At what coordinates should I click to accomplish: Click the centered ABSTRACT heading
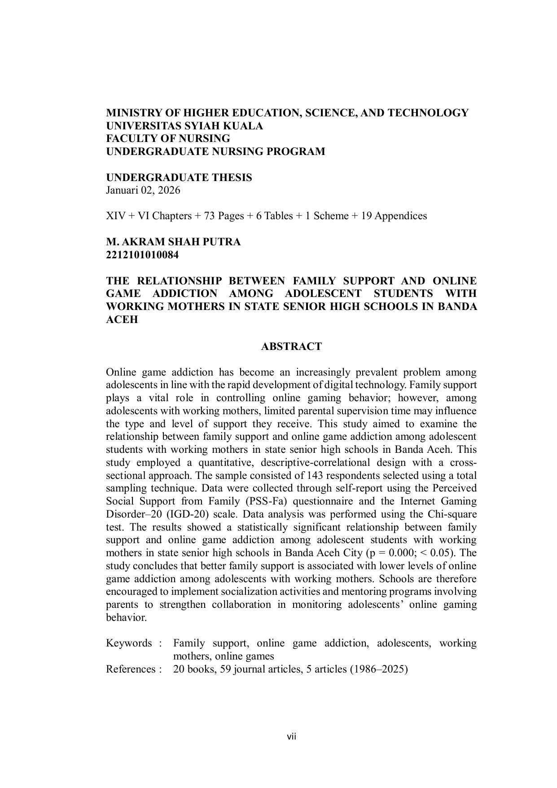pos(291,346)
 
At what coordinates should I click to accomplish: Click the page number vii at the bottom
pos(292,736)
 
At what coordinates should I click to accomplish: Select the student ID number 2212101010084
pos(142,255)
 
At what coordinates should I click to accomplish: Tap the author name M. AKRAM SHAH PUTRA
pos(173,242)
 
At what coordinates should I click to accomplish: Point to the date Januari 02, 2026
pos(143,190)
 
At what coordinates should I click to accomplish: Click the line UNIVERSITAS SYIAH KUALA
pos(184,126)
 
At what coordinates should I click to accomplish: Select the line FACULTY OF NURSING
pos(168,138)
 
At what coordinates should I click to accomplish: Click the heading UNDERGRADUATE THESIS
pos(179,177)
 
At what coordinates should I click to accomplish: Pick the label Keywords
pos(129,643)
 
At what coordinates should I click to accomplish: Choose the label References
pos(131,669)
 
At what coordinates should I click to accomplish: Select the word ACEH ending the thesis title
pos(122,320)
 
